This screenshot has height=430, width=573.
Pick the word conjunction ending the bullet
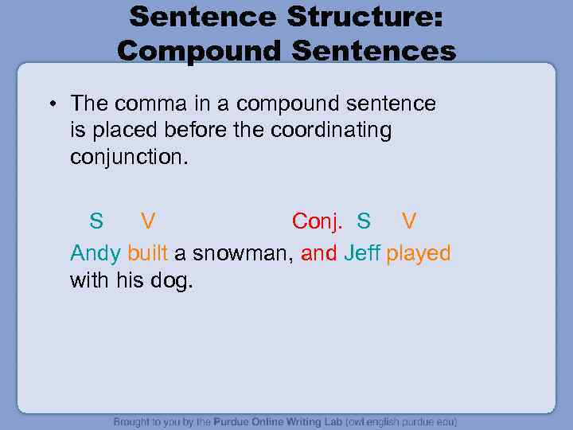click(x=127, y=157)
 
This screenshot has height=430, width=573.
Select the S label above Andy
click(x=95, y=220)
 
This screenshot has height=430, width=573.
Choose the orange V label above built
click(x=148, y=220)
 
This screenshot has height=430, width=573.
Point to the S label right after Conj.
click(x=364, y=220)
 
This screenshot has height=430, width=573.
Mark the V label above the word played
click(x=408, y=220)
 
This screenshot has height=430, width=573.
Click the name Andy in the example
click(x=95, y=253)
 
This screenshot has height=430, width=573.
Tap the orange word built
click(x=147, y=253)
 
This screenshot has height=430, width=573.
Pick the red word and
click(x=319, y=253)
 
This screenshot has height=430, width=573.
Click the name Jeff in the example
click(x=362, y=253)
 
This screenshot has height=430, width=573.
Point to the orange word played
click(x=419, y=253)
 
